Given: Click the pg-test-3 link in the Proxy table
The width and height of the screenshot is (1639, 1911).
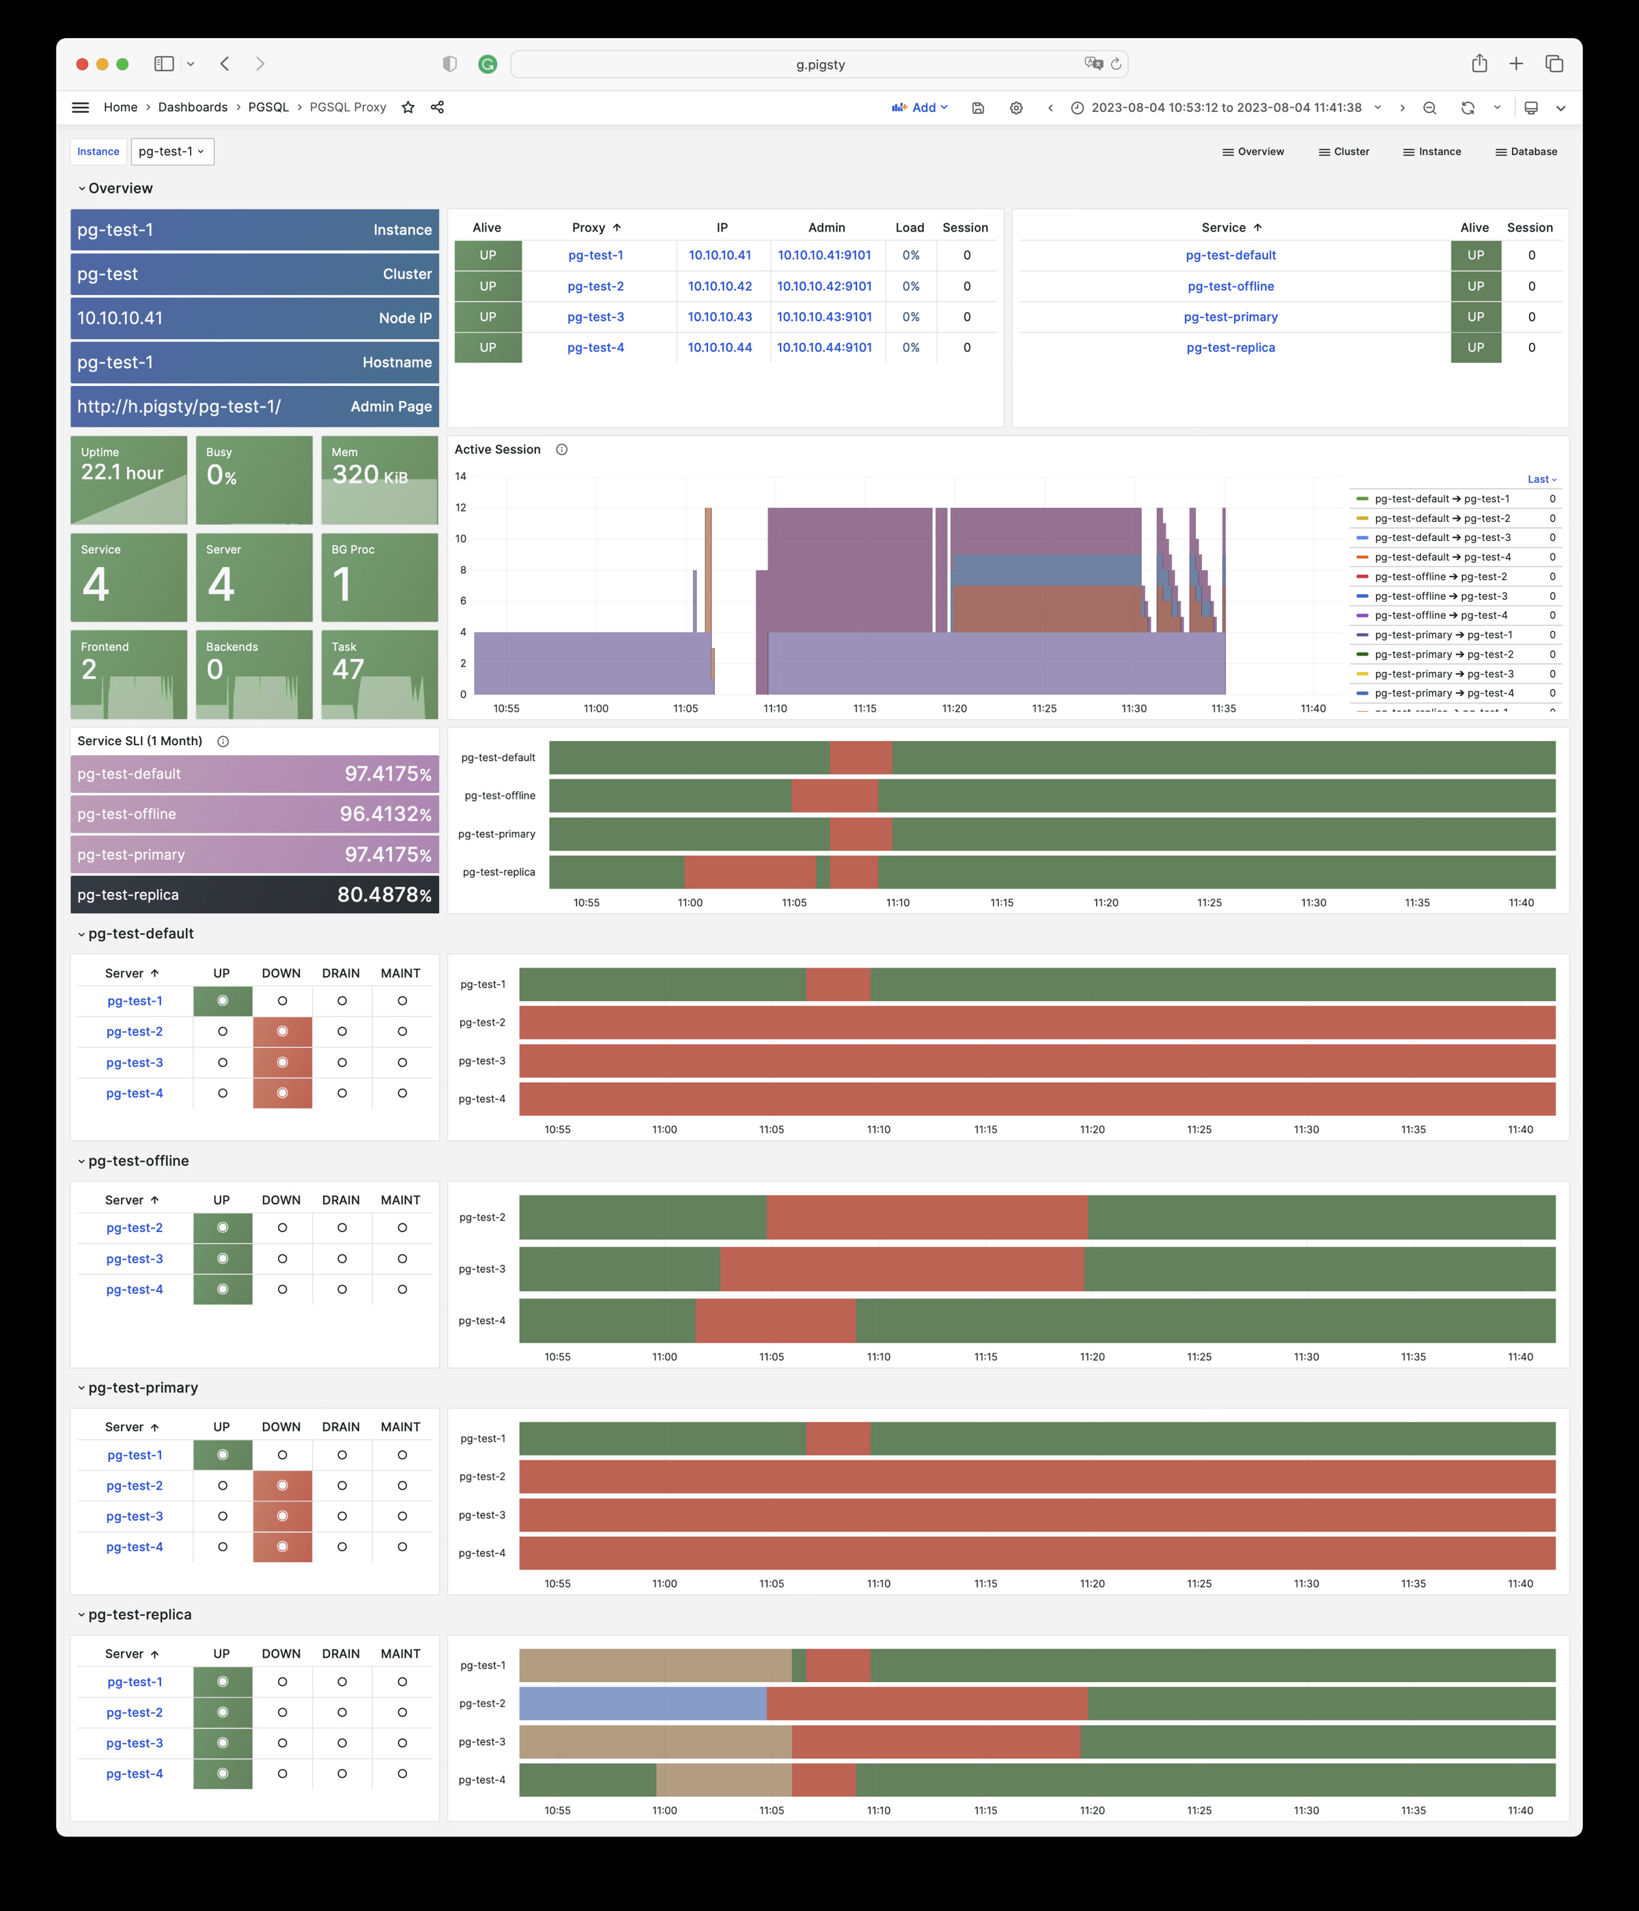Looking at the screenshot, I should tap(595, 316).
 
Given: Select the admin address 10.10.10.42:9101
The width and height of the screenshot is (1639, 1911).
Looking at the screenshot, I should tap(824, 286).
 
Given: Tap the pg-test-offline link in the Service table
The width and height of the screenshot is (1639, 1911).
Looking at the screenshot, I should tap(1231, 286).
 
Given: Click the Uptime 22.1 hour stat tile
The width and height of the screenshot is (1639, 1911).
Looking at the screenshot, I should tap(128, 479).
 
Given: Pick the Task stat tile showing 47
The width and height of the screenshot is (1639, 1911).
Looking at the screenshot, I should tap(379, 673).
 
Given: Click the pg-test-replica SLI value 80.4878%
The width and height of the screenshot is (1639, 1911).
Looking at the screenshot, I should tap(384, 895).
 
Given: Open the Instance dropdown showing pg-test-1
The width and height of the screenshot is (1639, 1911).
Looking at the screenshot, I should tap(173, 151).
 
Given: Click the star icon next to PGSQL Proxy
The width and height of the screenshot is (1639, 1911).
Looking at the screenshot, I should tap(408, 107).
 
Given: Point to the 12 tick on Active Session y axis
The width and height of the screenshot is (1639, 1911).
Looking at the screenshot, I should tap(461, 507).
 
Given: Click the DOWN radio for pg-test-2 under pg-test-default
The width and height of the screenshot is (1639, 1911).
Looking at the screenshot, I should tap(282, 1031).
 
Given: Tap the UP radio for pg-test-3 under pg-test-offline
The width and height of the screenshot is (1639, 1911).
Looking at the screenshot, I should tap(222, 1259).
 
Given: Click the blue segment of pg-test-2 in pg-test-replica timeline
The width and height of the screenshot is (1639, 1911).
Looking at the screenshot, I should tap(642, 1703).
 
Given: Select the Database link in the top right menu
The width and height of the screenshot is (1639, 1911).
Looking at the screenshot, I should tap(1526, 151).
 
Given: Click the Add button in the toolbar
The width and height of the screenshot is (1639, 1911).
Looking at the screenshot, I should tap(920, 107).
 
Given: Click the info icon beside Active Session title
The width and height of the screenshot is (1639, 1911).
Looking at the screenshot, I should tap(562, 449).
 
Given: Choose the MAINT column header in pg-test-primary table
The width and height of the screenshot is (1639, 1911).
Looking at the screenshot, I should tap(400, 1427).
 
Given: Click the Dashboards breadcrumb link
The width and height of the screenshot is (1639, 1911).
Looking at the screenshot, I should tap(193, 107).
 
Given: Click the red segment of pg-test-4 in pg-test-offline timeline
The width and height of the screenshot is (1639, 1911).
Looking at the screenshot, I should tap(774, 1321).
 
